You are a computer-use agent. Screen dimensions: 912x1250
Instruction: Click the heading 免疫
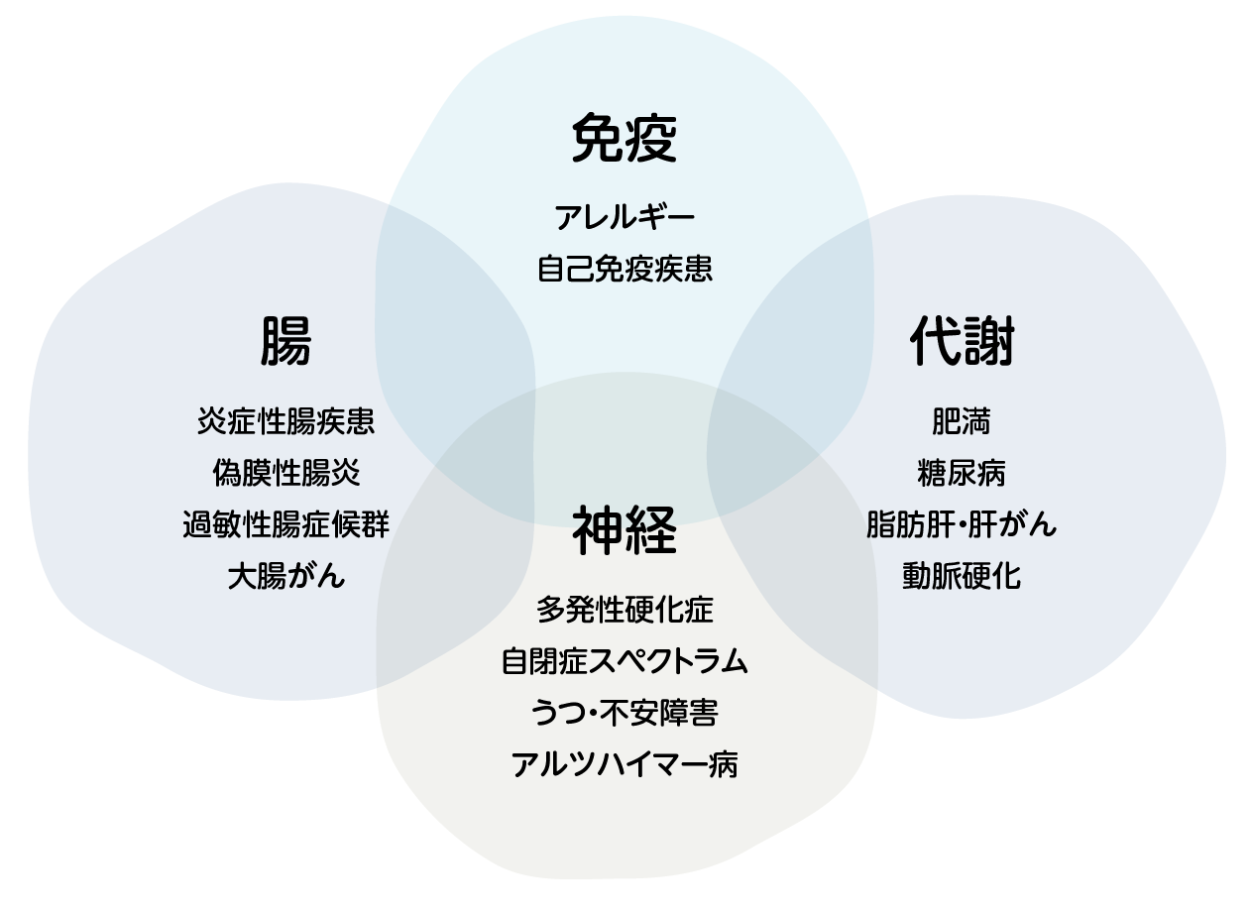pos(625,139)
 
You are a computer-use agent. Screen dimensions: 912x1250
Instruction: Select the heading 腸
pos(285,342)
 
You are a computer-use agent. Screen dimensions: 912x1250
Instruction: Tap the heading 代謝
pos(962,342)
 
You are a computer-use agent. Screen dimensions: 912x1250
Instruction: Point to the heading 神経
pos(625,529)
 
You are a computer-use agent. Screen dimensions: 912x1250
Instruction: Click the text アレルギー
pos(625,217)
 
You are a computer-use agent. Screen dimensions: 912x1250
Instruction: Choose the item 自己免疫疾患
pos(625,269)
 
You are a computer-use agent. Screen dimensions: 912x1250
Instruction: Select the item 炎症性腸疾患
pos(285,421)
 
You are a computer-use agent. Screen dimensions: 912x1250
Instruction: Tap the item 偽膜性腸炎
pos(285,473)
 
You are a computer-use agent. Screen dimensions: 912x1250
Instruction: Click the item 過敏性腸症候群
pos(285,524)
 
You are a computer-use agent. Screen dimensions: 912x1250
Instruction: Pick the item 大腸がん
pos(285,576)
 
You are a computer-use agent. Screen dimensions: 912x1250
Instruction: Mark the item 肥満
pos(962,421)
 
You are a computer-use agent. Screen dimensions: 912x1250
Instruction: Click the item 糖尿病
pos(962,473)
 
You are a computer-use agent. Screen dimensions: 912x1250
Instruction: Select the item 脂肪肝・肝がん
pos(962,524)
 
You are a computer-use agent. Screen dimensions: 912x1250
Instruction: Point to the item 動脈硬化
pos(962,576)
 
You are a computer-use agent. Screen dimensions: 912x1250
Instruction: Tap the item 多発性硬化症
pos(625,609)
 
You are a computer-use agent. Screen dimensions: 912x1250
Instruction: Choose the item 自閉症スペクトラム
pos(625,661)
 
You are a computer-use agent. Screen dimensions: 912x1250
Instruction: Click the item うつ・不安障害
pos(625,713)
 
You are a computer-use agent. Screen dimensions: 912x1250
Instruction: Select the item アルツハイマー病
pos(625,764)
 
